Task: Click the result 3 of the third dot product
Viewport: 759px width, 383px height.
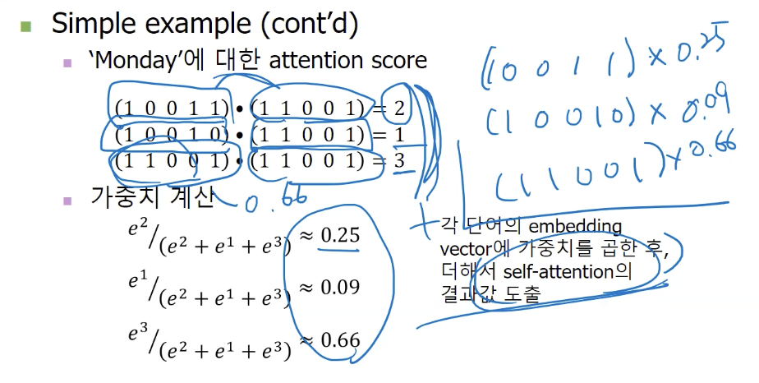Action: (399, 161)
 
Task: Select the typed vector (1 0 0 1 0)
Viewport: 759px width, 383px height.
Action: (171, 135)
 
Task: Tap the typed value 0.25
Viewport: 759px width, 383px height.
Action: (340, 236)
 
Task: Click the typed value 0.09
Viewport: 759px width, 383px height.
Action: (340, 288)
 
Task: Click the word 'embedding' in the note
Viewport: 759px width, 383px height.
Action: (578, 226)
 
